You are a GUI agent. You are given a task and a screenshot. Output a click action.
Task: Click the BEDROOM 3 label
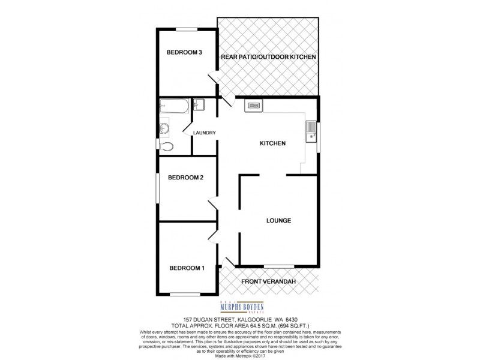click(184, 53)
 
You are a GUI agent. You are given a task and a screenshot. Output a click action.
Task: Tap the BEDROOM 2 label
click(186, 177)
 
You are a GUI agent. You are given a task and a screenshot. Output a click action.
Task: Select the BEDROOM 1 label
click(186, 268)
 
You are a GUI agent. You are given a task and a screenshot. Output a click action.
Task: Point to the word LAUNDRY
click(204, 133)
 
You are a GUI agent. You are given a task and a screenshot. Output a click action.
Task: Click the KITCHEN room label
click(272, 143)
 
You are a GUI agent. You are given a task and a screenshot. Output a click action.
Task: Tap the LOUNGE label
click(278, 220)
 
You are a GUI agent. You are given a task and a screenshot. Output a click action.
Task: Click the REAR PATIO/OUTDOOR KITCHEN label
click(268, 57)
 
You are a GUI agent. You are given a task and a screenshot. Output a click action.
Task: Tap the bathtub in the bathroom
click(174, 107)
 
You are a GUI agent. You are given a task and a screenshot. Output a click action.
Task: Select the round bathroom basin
click(165, 127)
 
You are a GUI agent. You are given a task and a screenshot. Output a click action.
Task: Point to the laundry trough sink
click(200, 106)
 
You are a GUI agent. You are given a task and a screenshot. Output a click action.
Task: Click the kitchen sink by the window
click(311, 131)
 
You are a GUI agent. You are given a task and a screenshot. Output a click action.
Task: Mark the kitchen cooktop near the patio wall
click(253, 106)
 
